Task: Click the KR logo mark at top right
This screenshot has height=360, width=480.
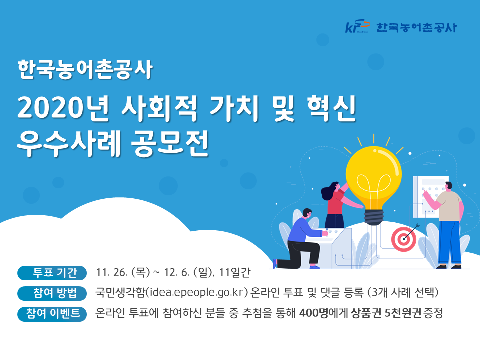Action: pyautogui.click(x=357, y=26)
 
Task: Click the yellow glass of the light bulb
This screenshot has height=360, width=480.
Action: pyautogui.click(x=374, y=177)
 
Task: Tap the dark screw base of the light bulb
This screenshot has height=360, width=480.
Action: pyautogui.click(x=374, y=217)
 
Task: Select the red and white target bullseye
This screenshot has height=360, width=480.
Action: pyautogui.click(x=404, y=239)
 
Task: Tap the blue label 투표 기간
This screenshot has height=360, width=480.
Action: pyautogui.click(x=52, y=273)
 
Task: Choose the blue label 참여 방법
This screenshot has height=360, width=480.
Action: pyautogui.click(x=52, y=293)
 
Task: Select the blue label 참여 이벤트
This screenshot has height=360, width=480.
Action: pyautogui.click(x=52, y=314)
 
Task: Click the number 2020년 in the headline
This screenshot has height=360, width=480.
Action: pyautogui.click(x=63, y=108)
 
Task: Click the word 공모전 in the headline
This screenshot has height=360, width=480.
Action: pyautogui.click(x=170, y=143)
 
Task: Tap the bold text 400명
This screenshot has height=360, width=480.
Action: pyautogui.click(x=314, y=313)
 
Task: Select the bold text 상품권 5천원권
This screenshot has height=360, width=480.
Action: pyautogui.click(x=386, y=313)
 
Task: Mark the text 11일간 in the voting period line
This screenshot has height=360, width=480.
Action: pyautogui.click(x=235, y=272)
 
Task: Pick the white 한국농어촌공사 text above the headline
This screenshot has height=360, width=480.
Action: pyautogui.click(x=85, y=69)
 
